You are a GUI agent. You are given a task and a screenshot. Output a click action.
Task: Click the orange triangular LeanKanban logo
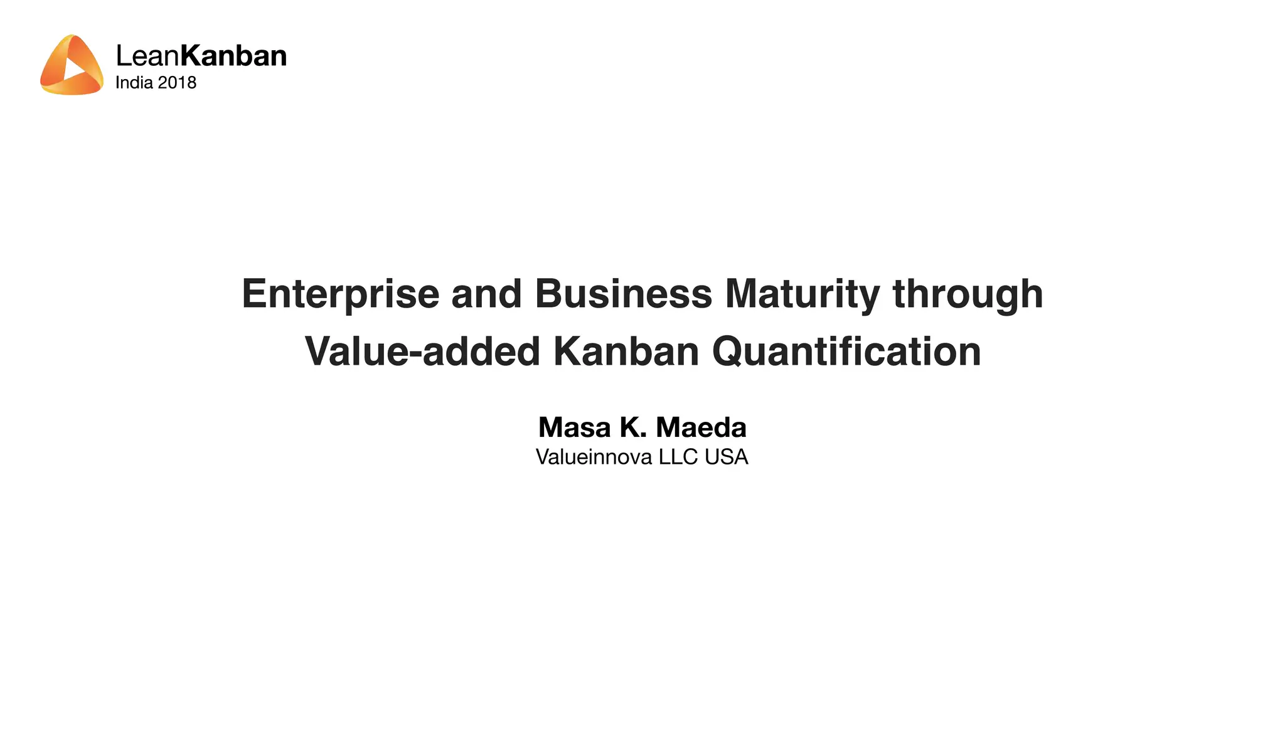tap(71, 65)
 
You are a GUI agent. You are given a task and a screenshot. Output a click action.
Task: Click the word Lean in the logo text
tap(148, 56)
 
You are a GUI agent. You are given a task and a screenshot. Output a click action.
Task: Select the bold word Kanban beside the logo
tap(233, 56)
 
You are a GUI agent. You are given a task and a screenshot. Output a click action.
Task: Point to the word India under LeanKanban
tap(134, 83)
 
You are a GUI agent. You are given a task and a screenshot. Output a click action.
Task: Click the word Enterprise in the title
tap(341, 294)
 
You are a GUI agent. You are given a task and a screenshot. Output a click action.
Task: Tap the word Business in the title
tap(623, 294)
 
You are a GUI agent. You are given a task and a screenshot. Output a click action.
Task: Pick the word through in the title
tap(968, 294)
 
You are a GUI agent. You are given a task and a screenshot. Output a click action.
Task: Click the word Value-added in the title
tap(422, 352)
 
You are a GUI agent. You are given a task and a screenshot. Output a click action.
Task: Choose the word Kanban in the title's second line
tap(626, 352)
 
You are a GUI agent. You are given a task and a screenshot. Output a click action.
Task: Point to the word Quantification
tap(846, 352)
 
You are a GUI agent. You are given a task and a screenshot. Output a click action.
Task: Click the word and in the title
tap(486, 294)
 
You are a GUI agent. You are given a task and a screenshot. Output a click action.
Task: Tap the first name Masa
tap(574, 427)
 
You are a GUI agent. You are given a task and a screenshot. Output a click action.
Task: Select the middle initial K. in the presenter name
tap(633, 427)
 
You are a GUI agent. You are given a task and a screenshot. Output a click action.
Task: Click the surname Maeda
tap(701, 427)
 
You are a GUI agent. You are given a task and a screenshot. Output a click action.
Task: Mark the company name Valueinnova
tap(594, 457)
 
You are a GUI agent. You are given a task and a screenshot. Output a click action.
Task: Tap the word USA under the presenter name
tap(726, 457)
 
